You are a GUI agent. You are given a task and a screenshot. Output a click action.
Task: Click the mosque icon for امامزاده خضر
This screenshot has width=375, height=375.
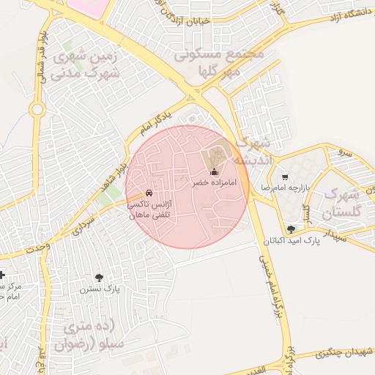[214, 172]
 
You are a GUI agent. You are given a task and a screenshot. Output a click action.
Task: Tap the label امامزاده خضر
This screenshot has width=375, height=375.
[214, 182]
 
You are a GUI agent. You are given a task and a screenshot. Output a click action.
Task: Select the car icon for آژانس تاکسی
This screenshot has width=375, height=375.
[149, 191]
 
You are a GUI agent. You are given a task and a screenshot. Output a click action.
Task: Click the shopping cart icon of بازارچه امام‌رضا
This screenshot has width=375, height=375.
[284, 177]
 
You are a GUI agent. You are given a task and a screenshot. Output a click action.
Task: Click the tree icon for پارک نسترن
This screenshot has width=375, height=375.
[99, 278]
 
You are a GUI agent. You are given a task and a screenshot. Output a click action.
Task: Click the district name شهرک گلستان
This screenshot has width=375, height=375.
[341, 204]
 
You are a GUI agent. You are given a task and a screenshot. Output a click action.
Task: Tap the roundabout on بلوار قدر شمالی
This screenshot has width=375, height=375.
[37, 110]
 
